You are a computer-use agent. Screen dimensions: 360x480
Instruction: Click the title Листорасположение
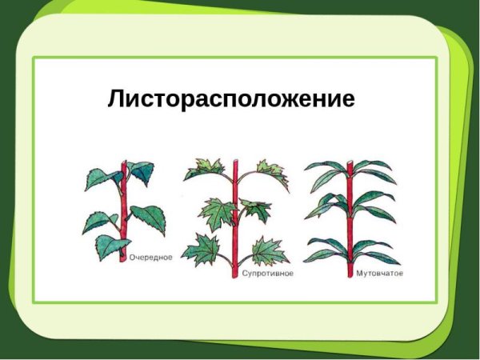coord(230,100)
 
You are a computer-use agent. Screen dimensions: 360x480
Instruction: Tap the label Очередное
coord(150,258)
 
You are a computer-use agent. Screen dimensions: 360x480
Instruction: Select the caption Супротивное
coord(268,273)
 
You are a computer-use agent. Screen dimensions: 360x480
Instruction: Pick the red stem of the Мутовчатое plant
coord(350,224)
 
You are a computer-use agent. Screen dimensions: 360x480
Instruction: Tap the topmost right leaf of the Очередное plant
coord(142,170)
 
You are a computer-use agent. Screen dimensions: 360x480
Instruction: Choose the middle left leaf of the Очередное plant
coord(99,219)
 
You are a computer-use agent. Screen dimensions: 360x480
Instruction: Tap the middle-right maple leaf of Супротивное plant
coord(256,210)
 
